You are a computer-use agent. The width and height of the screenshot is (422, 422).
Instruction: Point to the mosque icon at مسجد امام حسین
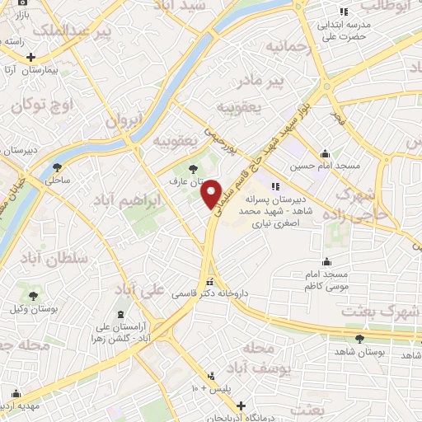tap(326, 153)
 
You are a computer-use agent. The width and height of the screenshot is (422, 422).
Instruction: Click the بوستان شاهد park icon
tap(359, 339)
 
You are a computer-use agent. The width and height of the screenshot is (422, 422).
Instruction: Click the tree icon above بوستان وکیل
tap(33, 295)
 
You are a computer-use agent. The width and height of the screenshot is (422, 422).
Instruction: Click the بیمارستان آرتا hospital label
tap(37, 71)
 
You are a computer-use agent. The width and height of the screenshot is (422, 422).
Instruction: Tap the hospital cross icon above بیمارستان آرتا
tap(30, 58)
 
